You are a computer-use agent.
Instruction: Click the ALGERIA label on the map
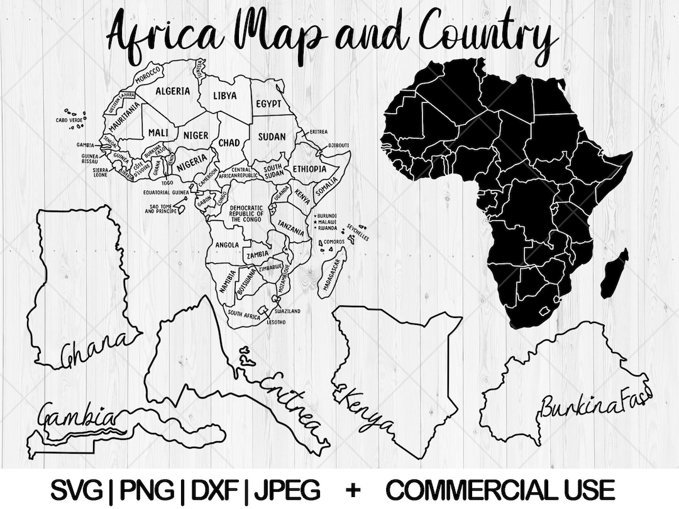172,91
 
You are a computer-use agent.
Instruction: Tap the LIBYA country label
224,96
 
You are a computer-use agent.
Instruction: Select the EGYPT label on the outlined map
268,104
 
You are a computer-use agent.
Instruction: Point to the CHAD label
229,143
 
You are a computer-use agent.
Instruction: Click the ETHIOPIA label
309,169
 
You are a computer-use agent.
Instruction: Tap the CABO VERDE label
69,119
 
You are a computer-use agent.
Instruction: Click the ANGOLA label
226,245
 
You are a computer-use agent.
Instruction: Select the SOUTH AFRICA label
244,312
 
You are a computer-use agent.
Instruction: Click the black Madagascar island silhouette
615,273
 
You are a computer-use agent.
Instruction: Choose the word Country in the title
488,33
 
